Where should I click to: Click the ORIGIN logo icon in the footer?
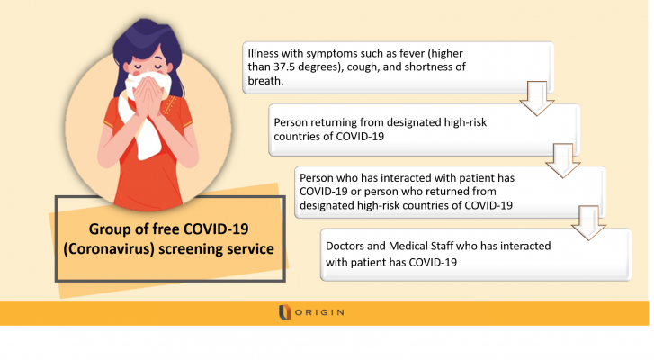[x=285, y=312]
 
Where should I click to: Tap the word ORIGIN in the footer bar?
[x=321, y=312]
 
